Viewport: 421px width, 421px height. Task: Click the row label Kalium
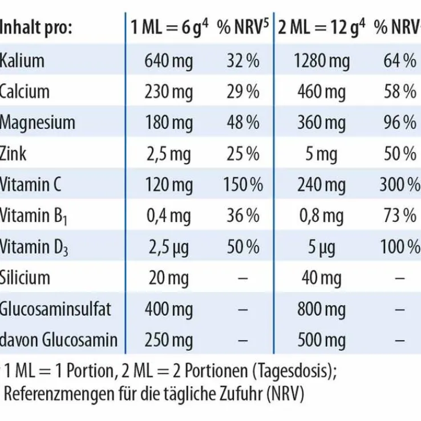pyautogui.click(x=22, y=60)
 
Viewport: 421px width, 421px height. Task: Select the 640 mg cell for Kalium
pyautogui.click(x=169, y=60)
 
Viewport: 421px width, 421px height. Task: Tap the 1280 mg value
pyautogui.click(x=322, y=60)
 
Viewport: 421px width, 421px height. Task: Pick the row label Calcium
pyautogui.click(x=25, y=91)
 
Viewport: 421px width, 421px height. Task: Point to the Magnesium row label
pyautogui.click(x=38, y=122)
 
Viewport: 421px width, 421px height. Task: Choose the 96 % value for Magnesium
pyautogui.click(x=400, y=122)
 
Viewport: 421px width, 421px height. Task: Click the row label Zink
pyautogui.click(x=13, y=153)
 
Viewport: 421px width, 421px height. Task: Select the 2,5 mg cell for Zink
pyautogui.click(x=169, y=153)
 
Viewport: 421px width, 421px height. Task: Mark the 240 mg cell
pyautogui.click(x=322, y=184)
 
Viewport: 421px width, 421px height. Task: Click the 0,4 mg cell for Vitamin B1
pyautogui.click(x=169, y=216)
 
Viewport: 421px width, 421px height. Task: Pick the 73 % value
pyautogui.click(x=400, y=216)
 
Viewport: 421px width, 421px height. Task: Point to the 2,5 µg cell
pyautogui.click(x=169, y=246)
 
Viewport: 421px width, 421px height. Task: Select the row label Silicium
pyautogui.click(x=25, y=278)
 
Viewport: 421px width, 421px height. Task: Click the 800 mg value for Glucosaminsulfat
pyautogui.click(x=322, y=309)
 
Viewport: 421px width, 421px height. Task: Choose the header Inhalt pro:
pyautogui.click(x=36, y=28)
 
